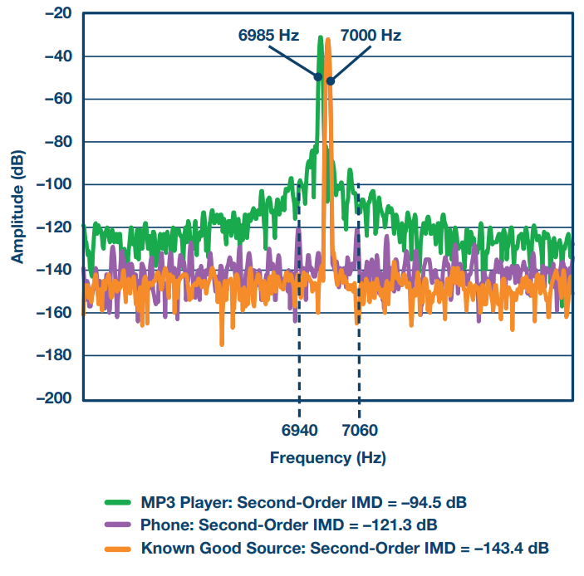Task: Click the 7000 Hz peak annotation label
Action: (x=371, y=37)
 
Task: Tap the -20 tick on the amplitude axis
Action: (x=56, y=14)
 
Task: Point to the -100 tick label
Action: (x=52, y=184)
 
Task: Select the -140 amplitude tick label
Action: (x=52, y=270)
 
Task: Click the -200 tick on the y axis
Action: (x=52, y=398)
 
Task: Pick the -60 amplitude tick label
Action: (x=56, y=99)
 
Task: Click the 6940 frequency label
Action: (x=299, y=431)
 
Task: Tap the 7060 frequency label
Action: (x=359, y=431)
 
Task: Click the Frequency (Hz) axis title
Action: (x=328, y=457)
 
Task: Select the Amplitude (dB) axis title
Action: (x=17, y=205)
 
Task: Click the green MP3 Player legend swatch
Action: (x=119, y=502)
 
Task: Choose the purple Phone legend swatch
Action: (x=119, y=525)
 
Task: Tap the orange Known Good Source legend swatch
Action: (x=119, y=549)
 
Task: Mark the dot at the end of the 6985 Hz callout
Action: (x=317, y=76)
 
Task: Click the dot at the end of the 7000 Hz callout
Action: (x=331, y=81)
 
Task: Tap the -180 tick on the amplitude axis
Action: (x=52, y=355)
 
